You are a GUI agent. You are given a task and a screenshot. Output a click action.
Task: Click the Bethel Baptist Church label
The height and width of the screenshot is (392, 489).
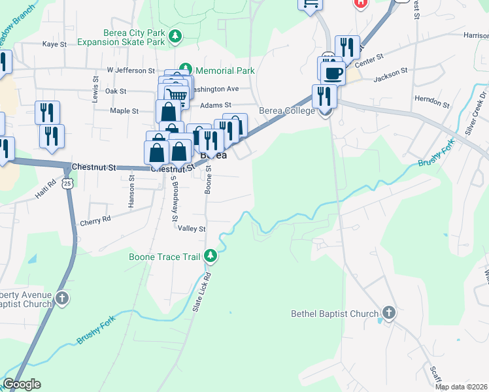(x=334, y=314)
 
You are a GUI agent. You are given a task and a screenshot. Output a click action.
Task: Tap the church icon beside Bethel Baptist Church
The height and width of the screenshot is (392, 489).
(x=388, y=313)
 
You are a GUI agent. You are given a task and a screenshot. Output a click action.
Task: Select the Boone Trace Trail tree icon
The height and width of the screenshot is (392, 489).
(x=211, y=256)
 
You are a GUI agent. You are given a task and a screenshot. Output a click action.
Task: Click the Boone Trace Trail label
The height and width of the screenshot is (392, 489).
(x=164, y=257)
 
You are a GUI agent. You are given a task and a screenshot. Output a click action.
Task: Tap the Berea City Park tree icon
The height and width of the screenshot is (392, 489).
(x=175, y=37)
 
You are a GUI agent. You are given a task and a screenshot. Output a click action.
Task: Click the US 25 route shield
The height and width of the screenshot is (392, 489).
(x=68, y=184)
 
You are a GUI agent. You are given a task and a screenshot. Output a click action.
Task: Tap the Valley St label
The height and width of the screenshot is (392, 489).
(x=192, y=229)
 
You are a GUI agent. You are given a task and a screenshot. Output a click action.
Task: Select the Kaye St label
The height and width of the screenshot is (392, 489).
(x=55, y=44)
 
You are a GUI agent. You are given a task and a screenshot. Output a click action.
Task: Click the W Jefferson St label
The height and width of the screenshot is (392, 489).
(x=131, y=70)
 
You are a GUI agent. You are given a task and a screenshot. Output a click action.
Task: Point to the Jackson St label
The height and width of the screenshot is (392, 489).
(x=390, y=74)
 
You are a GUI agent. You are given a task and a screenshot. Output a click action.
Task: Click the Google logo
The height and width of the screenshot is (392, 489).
(x=22, y=384)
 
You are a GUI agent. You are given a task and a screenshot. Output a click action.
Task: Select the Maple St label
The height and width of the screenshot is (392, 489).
(x=124, y=111)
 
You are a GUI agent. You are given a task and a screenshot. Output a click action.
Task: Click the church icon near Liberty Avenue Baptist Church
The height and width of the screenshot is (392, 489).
(x=61, y=299)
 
